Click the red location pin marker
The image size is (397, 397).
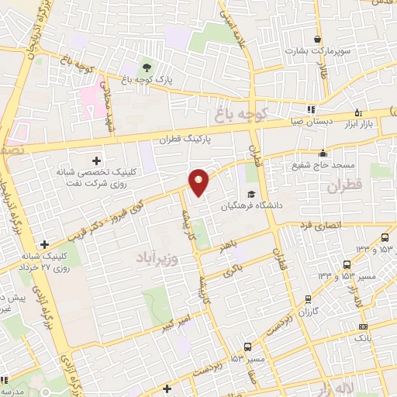pos(199,183)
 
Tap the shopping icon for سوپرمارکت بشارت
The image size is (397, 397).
pos(317,39)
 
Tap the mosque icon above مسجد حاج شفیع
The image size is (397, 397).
pos(322,153)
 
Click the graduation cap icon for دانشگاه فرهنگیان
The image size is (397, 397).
pos(250,195)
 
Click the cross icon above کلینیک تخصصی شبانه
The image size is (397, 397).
pos(96,159)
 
